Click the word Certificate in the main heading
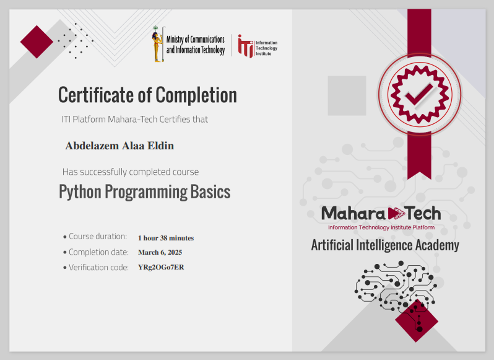(96, 95)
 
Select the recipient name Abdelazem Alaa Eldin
(119, 146)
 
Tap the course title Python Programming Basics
(144, 192)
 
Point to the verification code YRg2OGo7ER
(161, 268)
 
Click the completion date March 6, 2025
(160, 253)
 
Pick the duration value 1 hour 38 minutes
(165, 238)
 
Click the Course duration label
(97, 237)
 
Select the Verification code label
(98, 268)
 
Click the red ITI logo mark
(245, 46)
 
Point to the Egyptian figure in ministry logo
(158, 45)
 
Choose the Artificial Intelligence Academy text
(384, 245)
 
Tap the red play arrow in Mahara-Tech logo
(396, 214)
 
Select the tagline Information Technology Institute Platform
(381, 228)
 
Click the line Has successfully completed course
(131, 172)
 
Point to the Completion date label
(98, 252)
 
